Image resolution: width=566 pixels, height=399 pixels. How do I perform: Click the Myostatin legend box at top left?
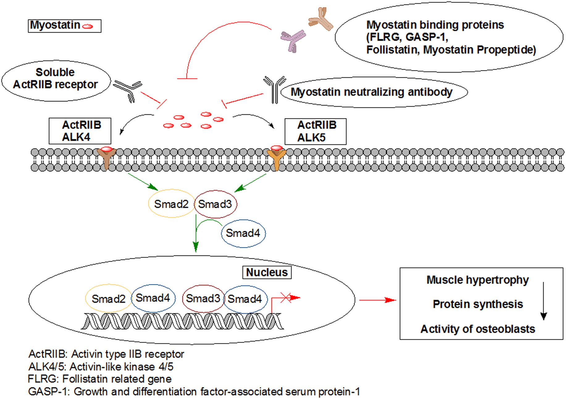(65, 26)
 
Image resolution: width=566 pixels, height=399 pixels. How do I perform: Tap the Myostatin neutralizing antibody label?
(371, 92)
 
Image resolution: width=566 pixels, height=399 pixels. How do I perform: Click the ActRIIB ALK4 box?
(80, 131)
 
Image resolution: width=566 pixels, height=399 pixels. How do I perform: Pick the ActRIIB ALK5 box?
(315, 131)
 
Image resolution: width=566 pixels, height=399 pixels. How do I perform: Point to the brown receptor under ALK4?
(107, 158)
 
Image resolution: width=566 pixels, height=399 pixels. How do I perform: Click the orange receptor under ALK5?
(276, 159)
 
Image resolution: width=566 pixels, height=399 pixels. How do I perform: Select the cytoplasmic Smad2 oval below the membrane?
(171, 204)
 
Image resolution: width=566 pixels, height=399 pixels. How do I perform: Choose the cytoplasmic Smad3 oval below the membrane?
(215, 204)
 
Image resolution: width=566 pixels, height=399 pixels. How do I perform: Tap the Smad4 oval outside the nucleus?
(243, 233)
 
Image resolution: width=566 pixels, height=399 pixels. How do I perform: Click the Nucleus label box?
(267, 272)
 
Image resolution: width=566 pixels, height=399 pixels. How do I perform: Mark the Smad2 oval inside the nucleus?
(108, 299)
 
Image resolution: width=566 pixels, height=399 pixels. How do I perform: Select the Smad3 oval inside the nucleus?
(203, 299)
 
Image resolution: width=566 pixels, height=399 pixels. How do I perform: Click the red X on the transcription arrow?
(285, 298)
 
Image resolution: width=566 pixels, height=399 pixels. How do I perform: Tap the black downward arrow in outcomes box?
(543, 301)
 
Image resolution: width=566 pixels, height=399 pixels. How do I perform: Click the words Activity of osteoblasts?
(478, 329)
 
